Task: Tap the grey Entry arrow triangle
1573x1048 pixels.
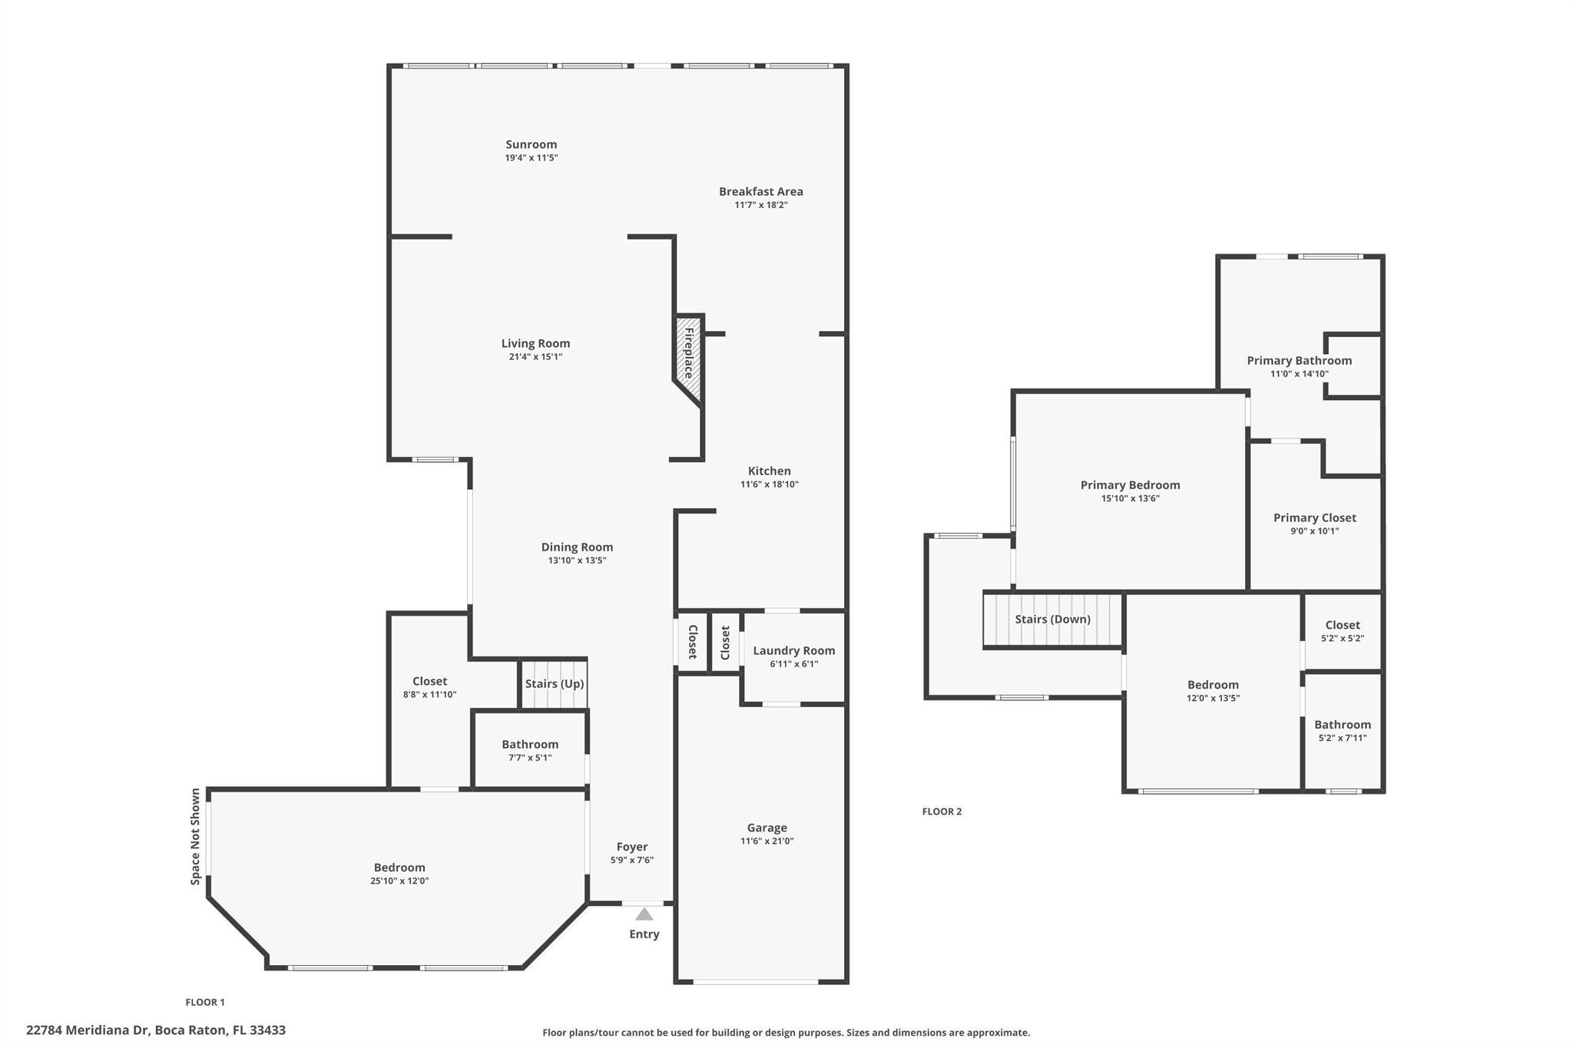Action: point(644,914)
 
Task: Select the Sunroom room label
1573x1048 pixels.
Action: point(532,144)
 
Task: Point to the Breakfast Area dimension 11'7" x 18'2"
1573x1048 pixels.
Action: point(761,205)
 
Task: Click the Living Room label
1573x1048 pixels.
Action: point(536,343)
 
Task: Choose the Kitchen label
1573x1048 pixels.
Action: point(770,471)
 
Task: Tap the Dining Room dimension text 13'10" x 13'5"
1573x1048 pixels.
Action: point(578,560)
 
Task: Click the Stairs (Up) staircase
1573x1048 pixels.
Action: point(555,683)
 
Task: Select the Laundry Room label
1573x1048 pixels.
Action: point(794,650)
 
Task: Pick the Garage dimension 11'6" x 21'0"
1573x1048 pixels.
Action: point(767,841)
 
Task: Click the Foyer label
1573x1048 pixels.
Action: point(632,847)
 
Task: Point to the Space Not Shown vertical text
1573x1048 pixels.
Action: point(196,836)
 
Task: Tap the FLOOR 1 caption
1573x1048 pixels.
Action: point(205,1002)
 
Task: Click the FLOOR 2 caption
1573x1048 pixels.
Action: point(942,812)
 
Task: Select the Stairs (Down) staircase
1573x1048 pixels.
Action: point(1053,620)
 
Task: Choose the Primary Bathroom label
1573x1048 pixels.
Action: point(1300,360)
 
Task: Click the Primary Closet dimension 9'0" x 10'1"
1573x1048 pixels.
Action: point(1315,531)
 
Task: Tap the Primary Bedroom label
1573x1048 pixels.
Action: point(1131,485)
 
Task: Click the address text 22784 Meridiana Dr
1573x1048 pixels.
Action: point(88,1030)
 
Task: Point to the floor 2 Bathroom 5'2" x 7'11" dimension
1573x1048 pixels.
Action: point(1343,739)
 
